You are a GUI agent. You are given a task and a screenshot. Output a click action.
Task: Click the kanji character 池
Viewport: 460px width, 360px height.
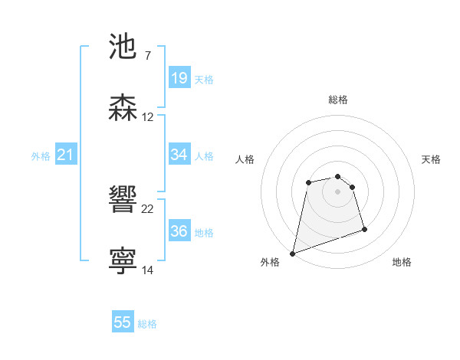coord(123,47)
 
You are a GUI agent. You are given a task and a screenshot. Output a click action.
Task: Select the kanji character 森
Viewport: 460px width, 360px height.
coord(123,108)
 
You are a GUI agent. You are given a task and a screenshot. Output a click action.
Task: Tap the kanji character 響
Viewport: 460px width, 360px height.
coord(123,201)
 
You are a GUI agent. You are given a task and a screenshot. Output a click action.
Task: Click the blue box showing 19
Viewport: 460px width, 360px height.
coord(179,78)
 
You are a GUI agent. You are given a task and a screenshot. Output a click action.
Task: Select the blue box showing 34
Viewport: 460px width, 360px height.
coord(179,155)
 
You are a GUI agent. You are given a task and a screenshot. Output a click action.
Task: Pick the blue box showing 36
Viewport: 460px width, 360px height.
coord(179,231)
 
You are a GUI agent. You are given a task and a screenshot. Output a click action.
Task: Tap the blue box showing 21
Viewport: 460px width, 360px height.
coord(66,155)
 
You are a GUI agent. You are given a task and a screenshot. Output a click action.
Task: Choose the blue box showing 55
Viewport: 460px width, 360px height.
coord(123,323)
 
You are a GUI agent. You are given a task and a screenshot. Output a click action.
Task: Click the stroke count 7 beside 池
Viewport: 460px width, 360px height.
coord(147,56)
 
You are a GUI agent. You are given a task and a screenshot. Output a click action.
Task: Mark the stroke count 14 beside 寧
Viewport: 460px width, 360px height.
coord(148,270)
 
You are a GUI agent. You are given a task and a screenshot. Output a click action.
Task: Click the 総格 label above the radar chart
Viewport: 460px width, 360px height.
coord(338,100)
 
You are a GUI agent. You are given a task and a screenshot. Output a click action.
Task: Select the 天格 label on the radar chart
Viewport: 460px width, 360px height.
coord(431,159)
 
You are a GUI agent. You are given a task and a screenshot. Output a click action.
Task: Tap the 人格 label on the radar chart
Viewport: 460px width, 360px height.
coord(245,159)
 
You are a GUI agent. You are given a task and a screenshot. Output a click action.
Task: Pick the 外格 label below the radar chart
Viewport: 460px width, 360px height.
coord(270,263)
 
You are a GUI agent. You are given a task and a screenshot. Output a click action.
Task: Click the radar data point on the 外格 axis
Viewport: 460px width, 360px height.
coord(292,253)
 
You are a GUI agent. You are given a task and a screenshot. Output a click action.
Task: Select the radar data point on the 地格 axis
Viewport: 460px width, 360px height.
coord(364,229)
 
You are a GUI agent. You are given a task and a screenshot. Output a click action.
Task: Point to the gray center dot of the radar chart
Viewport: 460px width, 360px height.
coord(337,191)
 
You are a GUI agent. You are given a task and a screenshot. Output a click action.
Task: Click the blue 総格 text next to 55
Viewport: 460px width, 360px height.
coord(147,324)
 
